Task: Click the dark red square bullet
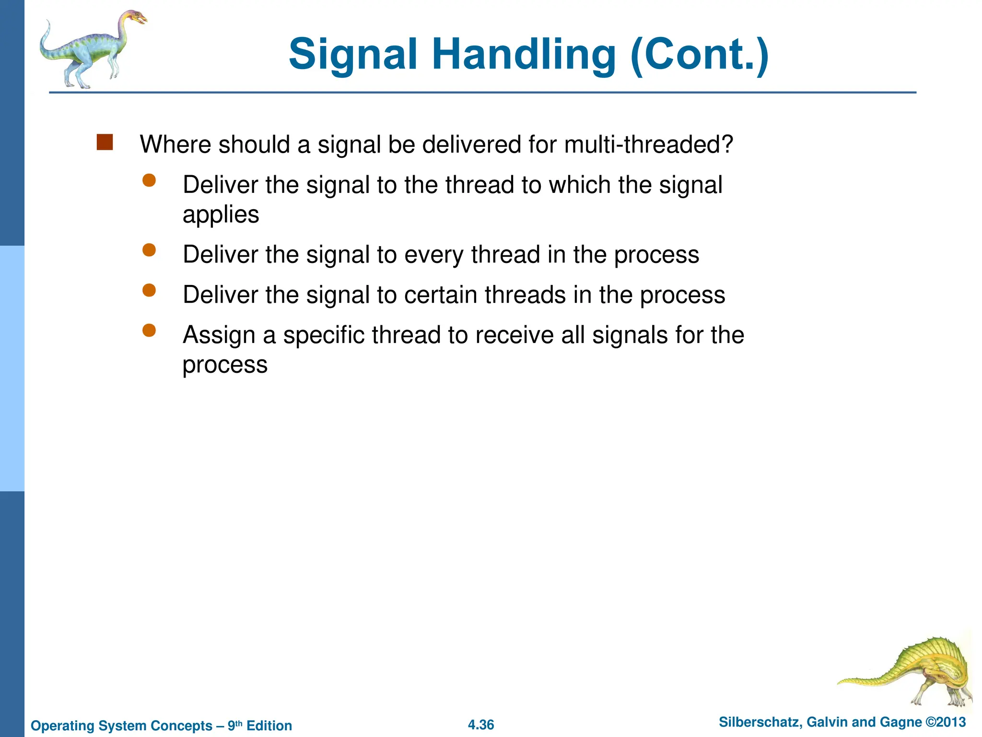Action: point(105,143)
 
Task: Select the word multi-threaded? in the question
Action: point(648,144)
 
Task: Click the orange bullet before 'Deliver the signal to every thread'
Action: point(149,250)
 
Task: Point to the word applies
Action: point(221,214)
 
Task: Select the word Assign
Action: point(219,335)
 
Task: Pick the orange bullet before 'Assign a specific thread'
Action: point(149,330)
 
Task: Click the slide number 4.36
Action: point(480,725)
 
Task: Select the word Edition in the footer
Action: point(269,725)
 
